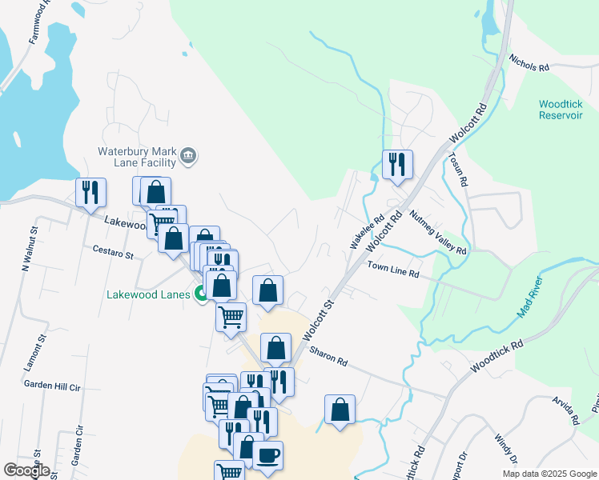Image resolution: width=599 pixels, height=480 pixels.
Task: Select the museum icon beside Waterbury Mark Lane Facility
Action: pos(188,155)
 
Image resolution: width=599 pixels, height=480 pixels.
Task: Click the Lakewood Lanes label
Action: pos(149,294)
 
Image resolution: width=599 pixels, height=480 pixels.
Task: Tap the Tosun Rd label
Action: pos(459,169)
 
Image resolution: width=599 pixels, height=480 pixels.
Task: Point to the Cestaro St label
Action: pos(112,254)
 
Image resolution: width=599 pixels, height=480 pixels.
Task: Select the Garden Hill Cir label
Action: pos(52,385)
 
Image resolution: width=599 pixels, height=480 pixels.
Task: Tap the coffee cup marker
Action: pos(268,456)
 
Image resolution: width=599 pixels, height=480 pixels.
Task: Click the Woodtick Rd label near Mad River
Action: pos(496,354)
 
